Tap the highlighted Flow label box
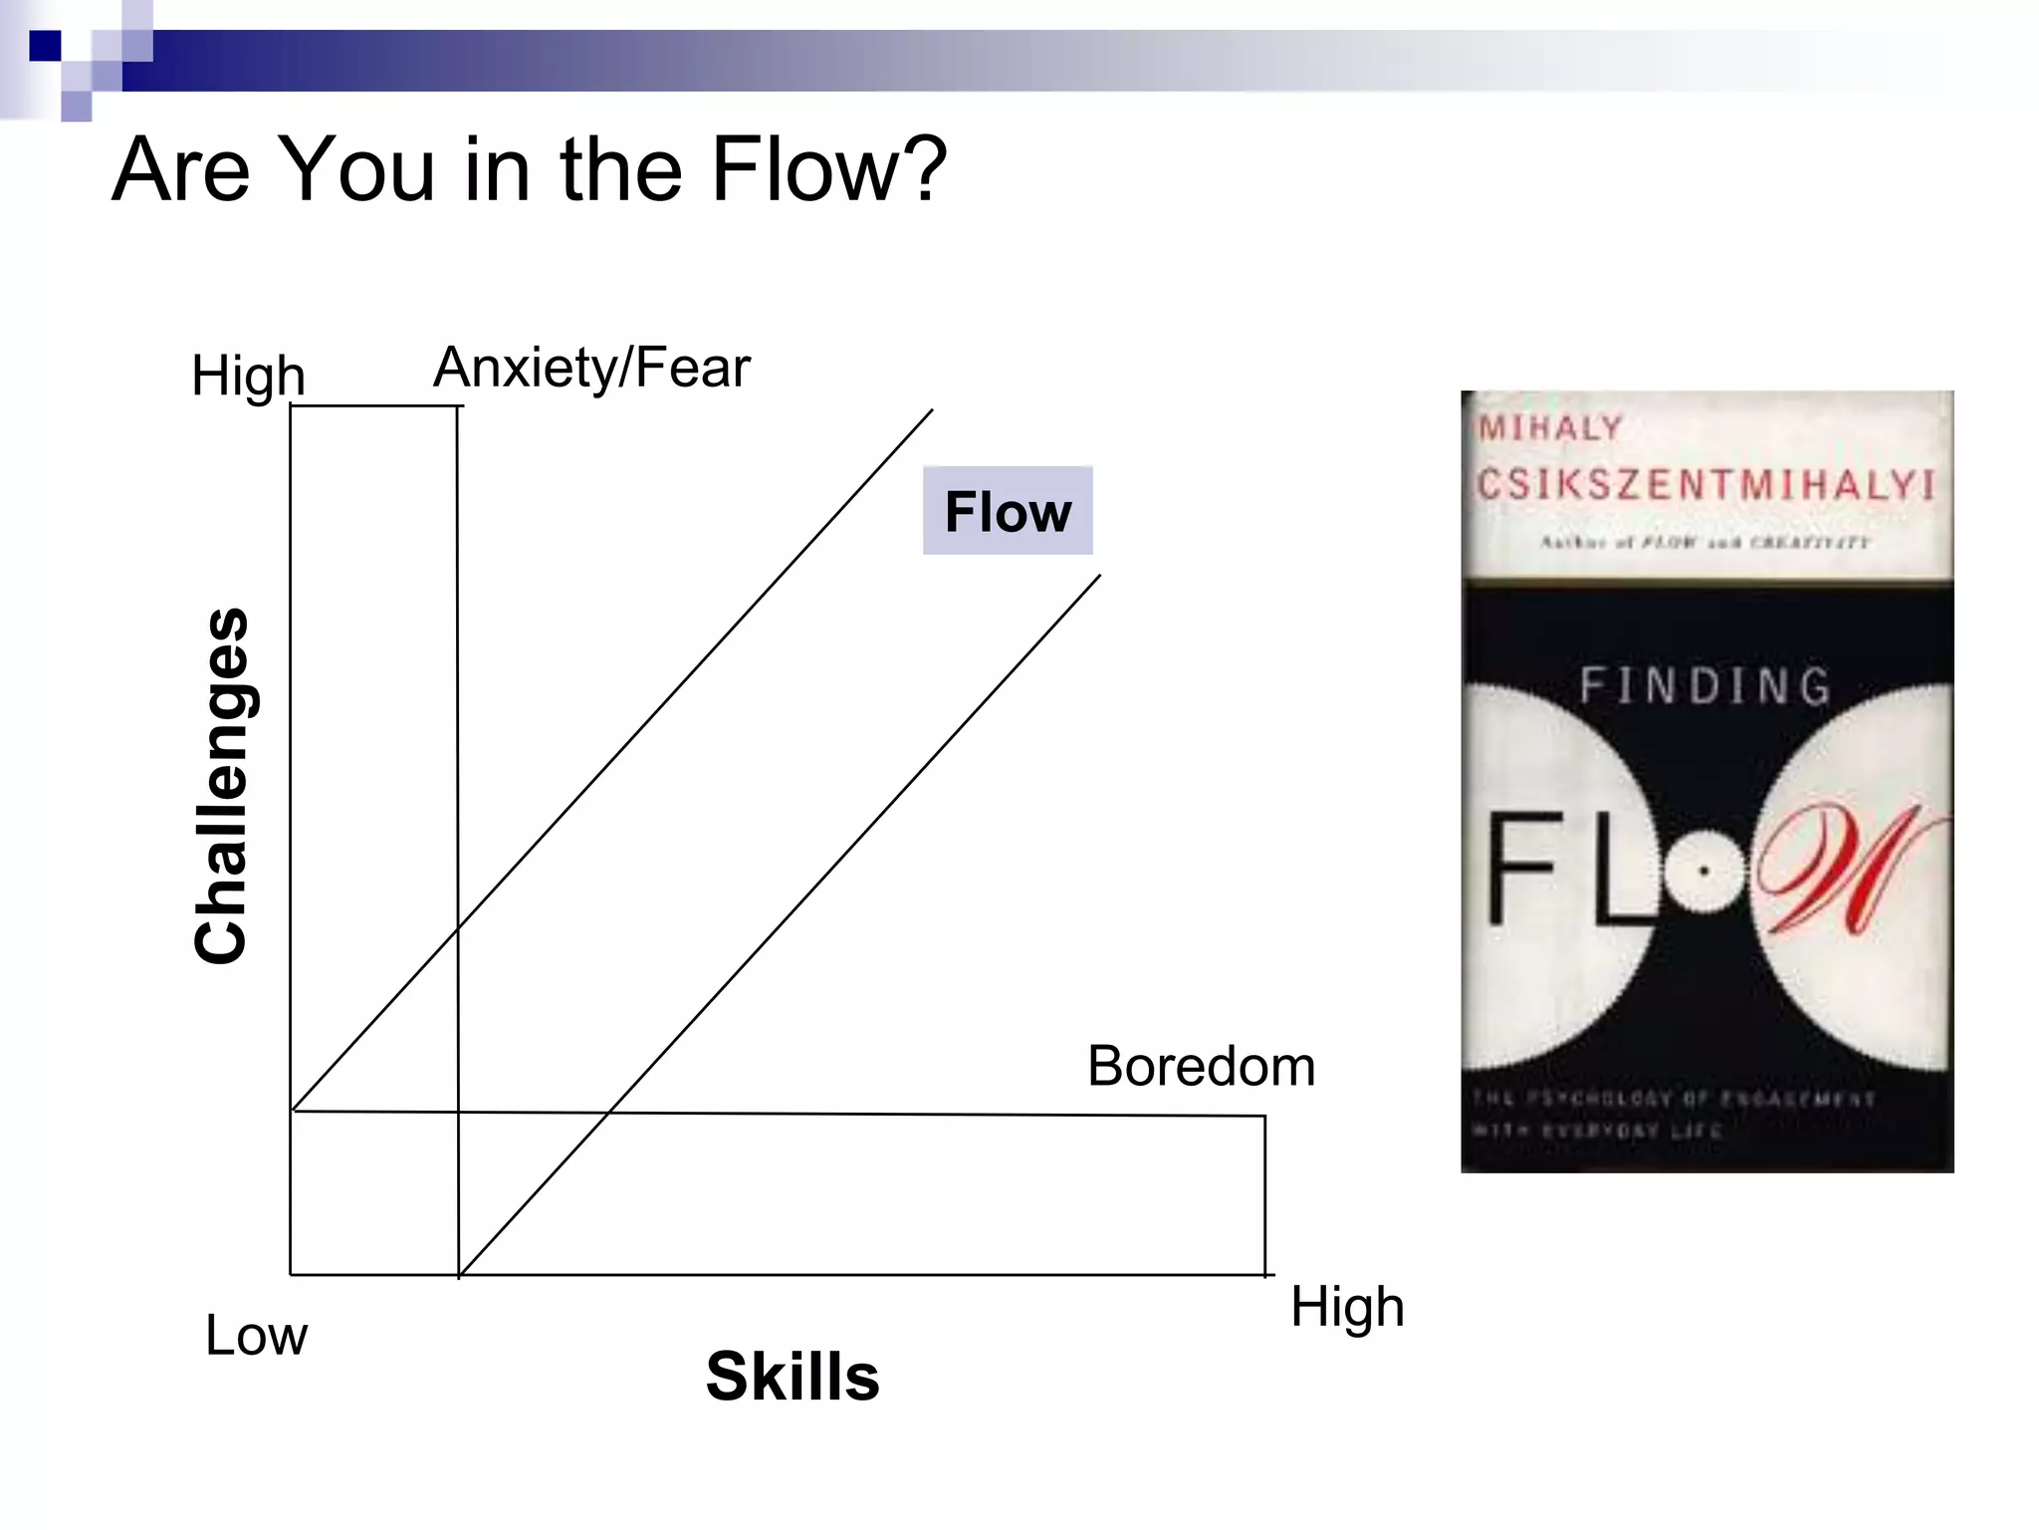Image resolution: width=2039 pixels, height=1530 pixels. pos(1008,511)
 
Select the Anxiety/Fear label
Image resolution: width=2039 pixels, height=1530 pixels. pos(591,369)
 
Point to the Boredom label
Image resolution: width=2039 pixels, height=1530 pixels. pos(1201,1067)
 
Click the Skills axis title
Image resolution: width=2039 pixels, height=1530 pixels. pos(793,1377)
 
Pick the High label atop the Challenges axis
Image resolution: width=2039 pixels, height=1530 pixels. pos(248,377)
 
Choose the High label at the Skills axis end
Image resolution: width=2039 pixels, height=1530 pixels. pos(1347,1307)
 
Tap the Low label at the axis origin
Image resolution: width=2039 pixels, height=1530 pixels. pos(256,1336)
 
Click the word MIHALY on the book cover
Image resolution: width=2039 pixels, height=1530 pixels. pos(1551,429)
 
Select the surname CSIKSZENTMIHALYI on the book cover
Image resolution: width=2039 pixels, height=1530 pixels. pos(1705,485)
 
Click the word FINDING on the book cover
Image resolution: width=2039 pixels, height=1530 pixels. pos(1705,686)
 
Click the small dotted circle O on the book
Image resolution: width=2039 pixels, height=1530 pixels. pos(1703,872)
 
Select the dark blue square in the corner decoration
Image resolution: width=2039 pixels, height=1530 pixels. pos(45,46)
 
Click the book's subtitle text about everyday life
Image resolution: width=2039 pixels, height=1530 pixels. pos(1673,1114)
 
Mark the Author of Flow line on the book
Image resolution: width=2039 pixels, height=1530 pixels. pos(1705,543)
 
